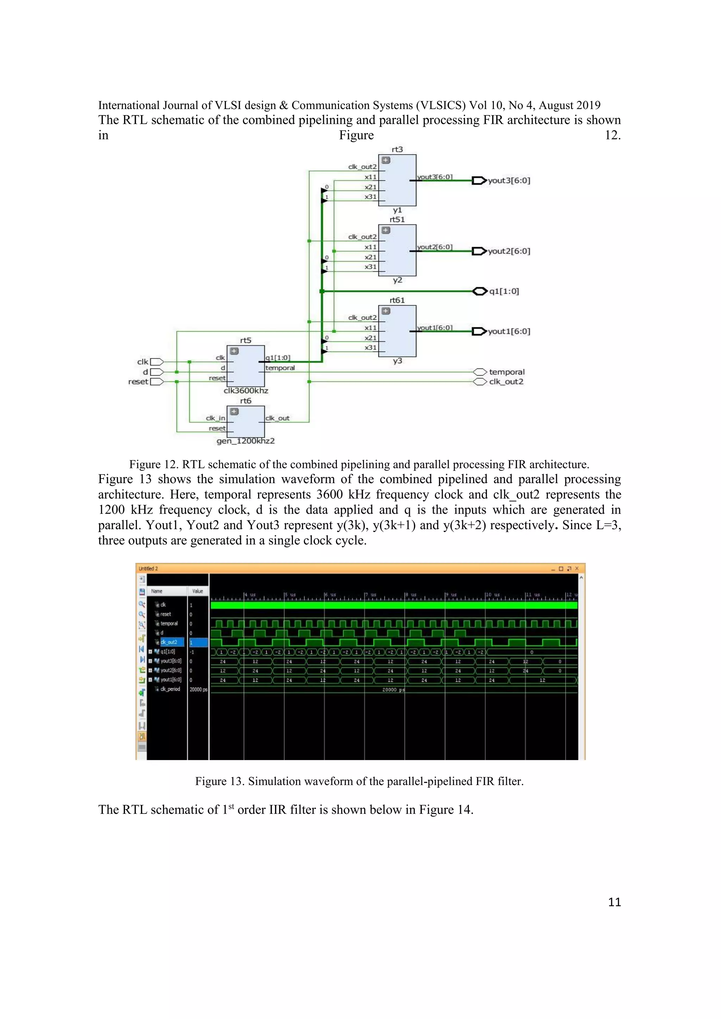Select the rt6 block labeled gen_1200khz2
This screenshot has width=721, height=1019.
point(245,422)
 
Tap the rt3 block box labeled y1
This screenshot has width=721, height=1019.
point(397,180)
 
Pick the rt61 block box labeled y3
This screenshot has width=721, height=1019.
point(397,331)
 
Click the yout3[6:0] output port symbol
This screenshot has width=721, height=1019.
point(478,181)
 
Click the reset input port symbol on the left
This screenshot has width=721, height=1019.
point(157,382)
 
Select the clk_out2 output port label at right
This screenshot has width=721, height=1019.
point(506,382)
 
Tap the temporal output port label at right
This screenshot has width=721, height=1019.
point(507,372)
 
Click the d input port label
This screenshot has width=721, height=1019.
point(145,372)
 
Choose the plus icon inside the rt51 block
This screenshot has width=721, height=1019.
point(386,230)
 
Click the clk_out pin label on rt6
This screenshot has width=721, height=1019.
point(277,418)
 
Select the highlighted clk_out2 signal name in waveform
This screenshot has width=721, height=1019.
point(169,642)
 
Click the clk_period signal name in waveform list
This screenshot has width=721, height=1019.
point(170,689)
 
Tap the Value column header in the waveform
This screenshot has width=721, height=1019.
point(198,591)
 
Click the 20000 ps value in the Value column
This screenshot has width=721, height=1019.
point(198,690)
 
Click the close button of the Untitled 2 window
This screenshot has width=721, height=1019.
point(577,569)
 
